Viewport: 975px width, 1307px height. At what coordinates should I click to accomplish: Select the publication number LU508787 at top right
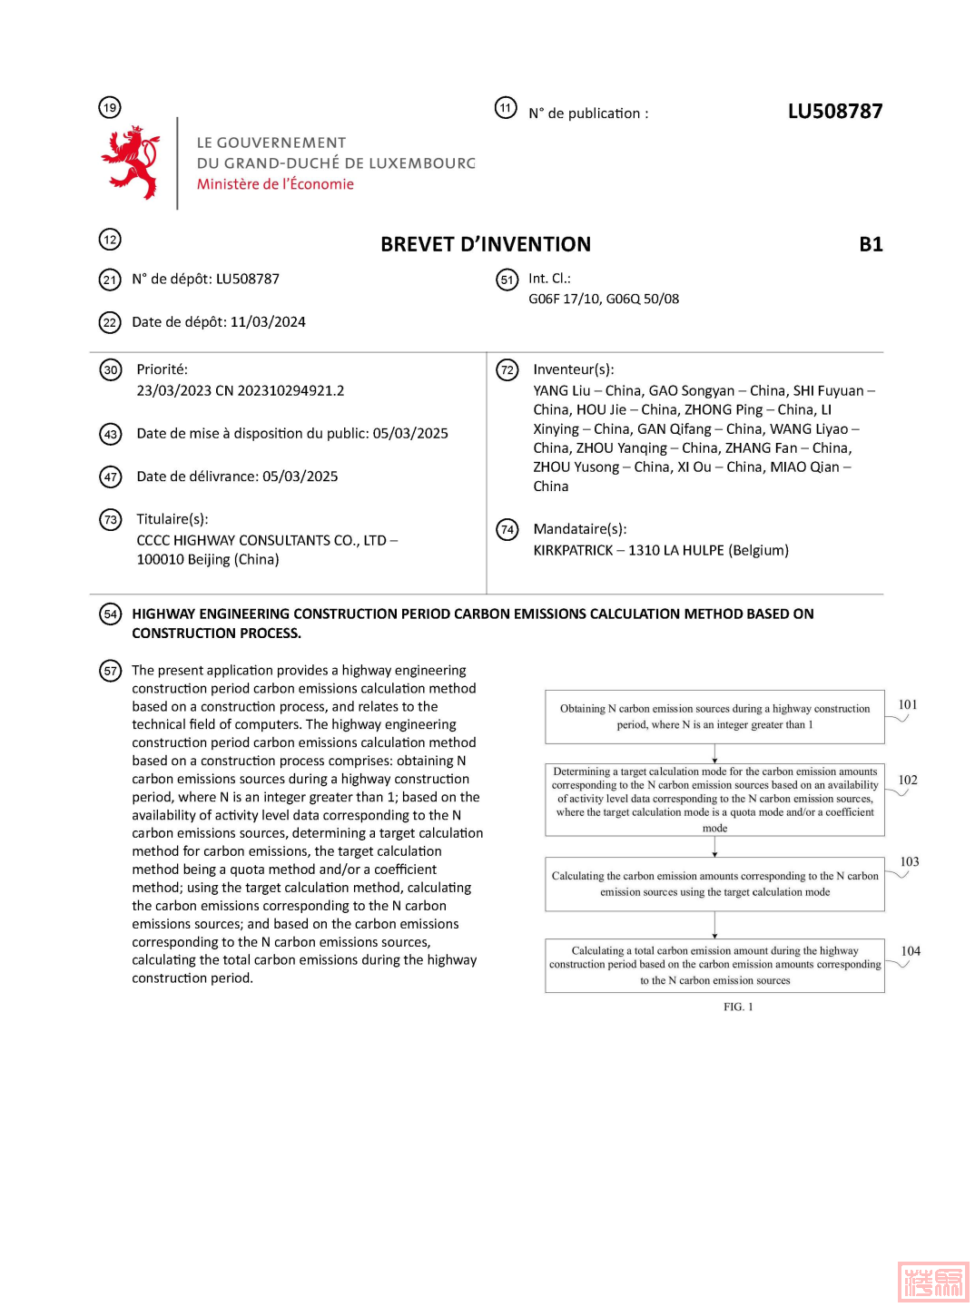click(x=834, y=112)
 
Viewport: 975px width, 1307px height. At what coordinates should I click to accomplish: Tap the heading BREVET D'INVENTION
click(x=486, y=244)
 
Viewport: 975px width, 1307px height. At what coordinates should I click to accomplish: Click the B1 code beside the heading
click(x=871, y=244)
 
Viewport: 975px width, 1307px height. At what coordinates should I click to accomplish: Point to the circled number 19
click(x=110, y=107)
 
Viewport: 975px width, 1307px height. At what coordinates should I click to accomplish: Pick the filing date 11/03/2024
click(x=268, y=322)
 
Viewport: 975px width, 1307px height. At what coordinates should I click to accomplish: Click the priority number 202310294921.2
click(x=291, y=390)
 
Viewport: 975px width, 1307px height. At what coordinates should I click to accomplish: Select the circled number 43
click(x=110, y=434)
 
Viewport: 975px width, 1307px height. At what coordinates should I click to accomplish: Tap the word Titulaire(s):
click(x=172, y=519)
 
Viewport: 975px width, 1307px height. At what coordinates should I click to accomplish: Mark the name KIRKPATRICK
click(x=573, y=550)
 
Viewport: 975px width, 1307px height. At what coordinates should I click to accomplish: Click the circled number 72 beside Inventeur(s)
click(x=507, y=369)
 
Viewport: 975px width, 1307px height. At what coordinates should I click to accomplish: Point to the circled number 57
click(x=110, y=671)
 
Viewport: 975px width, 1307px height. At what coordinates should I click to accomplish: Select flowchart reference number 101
click(x=908, y=704)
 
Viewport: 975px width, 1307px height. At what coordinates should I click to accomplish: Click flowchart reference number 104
click(x=911, y=951)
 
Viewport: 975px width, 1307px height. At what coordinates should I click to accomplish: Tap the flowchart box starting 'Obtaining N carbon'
click(x=714, y=716)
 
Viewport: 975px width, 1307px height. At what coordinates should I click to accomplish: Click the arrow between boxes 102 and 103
click(x=715, y=847)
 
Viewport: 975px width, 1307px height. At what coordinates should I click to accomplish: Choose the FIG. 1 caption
click(x=738, y=1007)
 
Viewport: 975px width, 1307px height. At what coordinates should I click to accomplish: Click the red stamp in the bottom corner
click(x=933, y=1282)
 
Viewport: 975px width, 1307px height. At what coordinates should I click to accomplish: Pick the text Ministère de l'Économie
click(x=275, y=184)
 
